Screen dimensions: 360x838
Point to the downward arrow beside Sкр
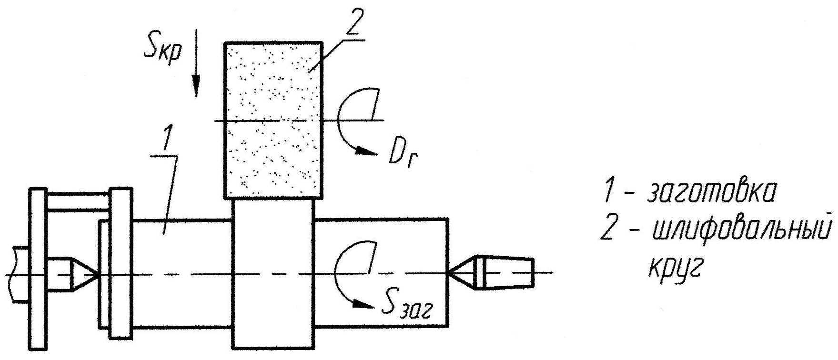click(x=196, y=67)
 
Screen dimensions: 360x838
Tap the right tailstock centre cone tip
click(x=450, y=273)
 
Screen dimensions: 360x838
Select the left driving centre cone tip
click(x=95, y=274)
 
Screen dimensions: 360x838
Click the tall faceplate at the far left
click(x=38, y=270)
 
